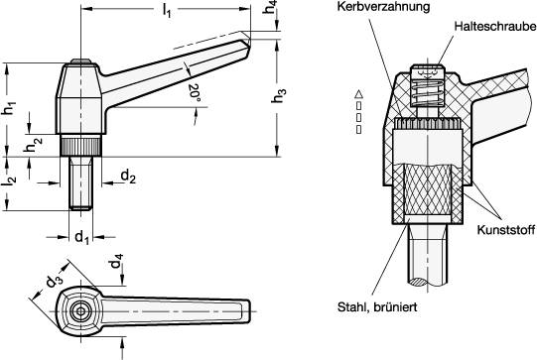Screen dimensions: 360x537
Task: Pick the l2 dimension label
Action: [x=9, y=181]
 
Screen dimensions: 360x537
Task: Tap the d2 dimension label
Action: [x=128, y=176]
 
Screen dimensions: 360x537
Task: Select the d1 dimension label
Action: [x=83, y=237]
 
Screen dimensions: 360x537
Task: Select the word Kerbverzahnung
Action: [x=370, y=9]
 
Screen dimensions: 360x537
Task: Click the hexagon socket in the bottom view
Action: [x=78, y=311]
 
